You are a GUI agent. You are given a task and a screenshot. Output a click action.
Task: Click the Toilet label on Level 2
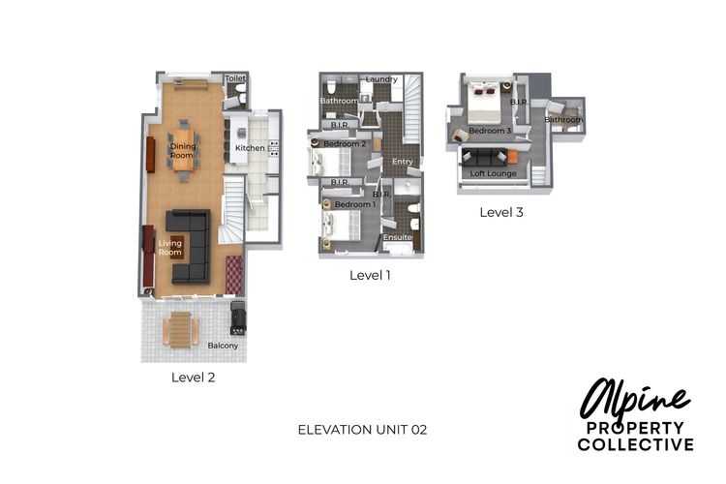pyautogui.click(x=234, y=77)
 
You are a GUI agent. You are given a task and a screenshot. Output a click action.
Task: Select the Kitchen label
pyautogui.click(x=250, y=148)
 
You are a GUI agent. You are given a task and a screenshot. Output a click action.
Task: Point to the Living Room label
pyautogui.click(x=170, y=248)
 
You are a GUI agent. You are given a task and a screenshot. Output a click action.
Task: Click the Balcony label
pyautogui.click(x=223, y=346)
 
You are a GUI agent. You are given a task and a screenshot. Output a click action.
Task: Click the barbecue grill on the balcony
pyautogui.click(x=237, y=315)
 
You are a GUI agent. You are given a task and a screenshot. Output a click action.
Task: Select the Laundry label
pyautogui.click(x=381, y=79)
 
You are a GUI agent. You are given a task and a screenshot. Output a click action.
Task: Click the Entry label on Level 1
pyautogui.click(x=402, y=162)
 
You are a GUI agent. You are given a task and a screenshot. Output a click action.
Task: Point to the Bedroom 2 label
pyautogui.click(x=344, y=144)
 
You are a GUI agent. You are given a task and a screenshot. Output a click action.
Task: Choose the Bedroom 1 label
pyautogui.click(x=354, y=205)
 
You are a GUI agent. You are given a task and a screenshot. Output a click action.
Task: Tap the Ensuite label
pyautogui.click(x=398, y=237)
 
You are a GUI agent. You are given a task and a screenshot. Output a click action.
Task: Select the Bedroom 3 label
pyautogui.click(x=490, y=130)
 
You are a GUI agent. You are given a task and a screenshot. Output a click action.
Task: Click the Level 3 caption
pyautogui.click(x=501, y=212)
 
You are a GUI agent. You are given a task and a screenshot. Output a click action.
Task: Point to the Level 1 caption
pyautogui.click(x=370, y=275)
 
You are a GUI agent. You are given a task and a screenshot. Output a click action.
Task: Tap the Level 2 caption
pyautogui.click(x=194, y=378)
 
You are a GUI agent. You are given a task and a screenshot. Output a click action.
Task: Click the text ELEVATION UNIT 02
pyautogui.click(x=362, y=428)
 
